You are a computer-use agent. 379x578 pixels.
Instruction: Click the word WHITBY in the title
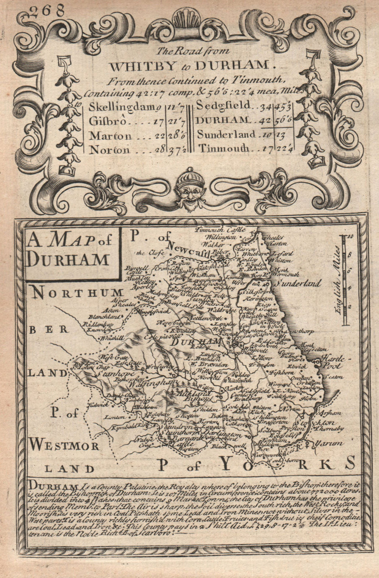click(132, 66)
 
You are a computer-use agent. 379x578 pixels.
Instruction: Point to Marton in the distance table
click(110, 136)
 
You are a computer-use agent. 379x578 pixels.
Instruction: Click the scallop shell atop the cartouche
click(188, 20)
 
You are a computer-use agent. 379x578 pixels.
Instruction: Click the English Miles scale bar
click(344, 280)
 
